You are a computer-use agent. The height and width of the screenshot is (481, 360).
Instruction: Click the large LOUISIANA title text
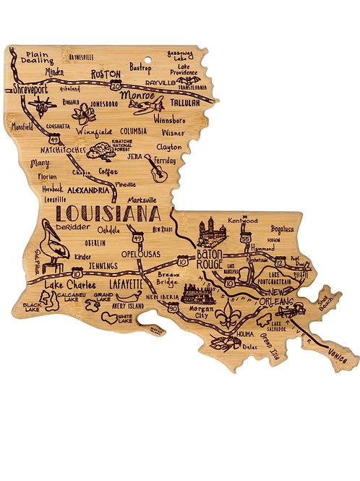(108, 214)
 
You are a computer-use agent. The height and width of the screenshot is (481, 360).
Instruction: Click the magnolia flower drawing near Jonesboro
(84, 114)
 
